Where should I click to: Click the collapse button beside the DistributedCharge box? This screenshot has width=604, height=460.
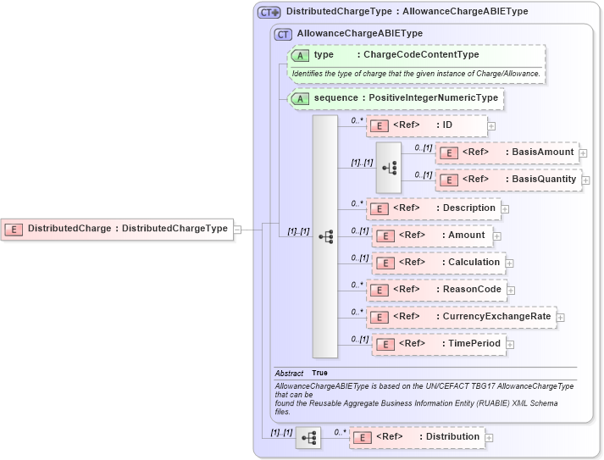click(x=238, y=229)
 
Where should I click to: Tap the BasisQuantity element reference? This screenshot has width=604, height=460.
click(x=507, y=180)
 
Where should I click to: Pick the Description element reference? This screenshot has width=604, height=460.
click(x=433, y=208)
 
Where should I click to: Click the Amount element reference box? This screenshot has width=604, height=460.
click(x=432, y=235)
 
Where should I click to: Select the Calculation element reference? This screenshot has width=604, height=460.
click(x=439, y=263)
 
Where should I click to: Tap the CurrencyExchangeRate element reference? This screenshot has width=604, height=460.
click(x=461, y=317)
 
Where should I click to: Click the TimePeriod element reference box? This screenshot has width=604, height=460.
click(x=440, y=344)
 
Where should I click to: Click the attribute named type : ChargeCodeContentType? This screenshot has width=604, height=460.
click(x=415, y=55)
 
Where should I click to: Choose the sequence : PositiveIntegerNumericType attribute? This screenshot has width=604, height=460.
click(x=396, y=98)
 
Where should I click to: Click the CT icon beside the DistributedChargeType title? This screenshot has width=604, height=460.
click(x=269, y=12)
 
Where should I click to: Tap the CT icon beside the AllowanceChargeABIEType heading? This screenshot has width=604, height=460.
click(x=283, y=34)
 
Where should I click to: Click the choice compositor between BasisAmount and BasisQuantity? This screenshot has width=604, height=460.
click(x=389, y=167)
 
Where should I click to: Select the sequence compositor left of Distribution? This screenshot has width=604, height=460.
click(x=309, y=438)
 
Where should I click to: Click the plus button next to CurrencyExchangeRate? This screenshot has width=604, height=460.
click(x=561, y=318)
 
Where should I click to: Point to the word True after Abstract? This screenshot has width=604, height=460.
click(x=319, y=373)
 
